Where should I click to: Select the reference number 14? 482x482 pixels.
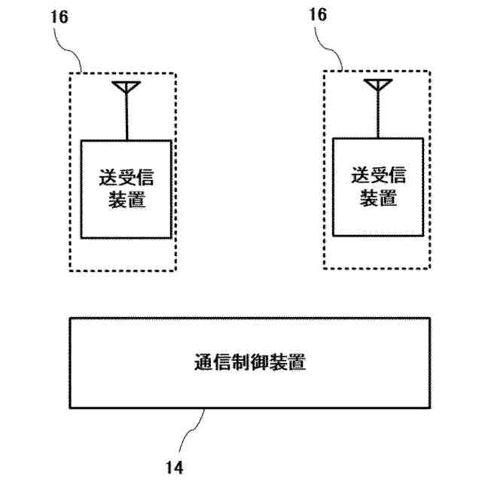[x=174, y=467]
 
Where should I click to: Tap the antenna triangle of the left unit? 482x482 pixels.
[x=127, y=88]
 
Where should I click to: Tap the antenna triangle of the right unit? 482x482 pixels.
[x=379, y=85]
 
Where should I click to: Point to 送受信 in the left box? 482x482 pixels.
[x=127, y=178]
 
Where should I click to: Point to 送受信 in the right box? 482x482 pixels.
[x=378, y=175]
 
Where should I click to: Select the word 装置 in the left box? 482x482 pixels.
[x=127, y=200]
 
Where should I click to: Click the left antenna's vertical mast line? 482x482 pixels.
[x=127, y=117]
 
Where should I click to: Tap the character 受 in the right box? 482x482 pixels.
[x=378, y=175]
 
